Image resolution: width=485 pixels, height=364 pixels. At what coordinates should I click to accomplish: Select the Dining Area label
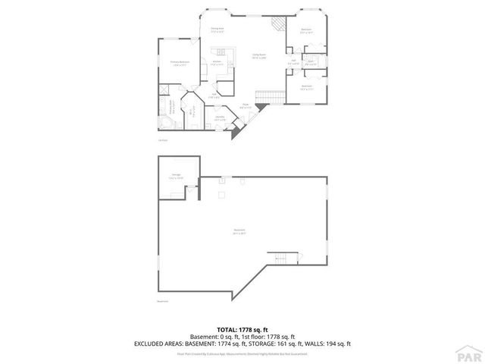[x=217, y=30]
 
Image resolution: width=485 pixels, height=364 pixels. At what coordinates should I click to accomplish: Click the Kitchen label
[x=226, y=64]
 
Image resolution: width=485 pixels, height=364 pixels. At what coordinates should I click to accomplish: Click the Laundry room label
[x=220, y=118]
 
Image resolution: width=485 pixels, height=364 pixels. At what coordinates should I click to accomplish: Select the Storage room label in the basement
[x=176, y=176]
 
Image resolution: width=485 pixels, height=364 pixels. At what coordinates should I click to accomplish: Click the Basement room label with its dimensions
[x=239, y=232]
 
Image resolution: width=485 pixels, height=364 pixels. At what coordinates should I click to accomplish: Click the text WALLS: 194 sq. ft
[x=331, y=343]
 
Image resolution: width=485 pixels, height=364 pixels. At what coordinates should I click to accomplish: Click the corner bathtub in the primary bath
[x=164, y=124]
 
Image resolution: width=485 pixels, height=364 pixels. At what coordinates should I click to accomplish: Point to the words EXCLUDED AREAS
[x=159, y=343]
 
